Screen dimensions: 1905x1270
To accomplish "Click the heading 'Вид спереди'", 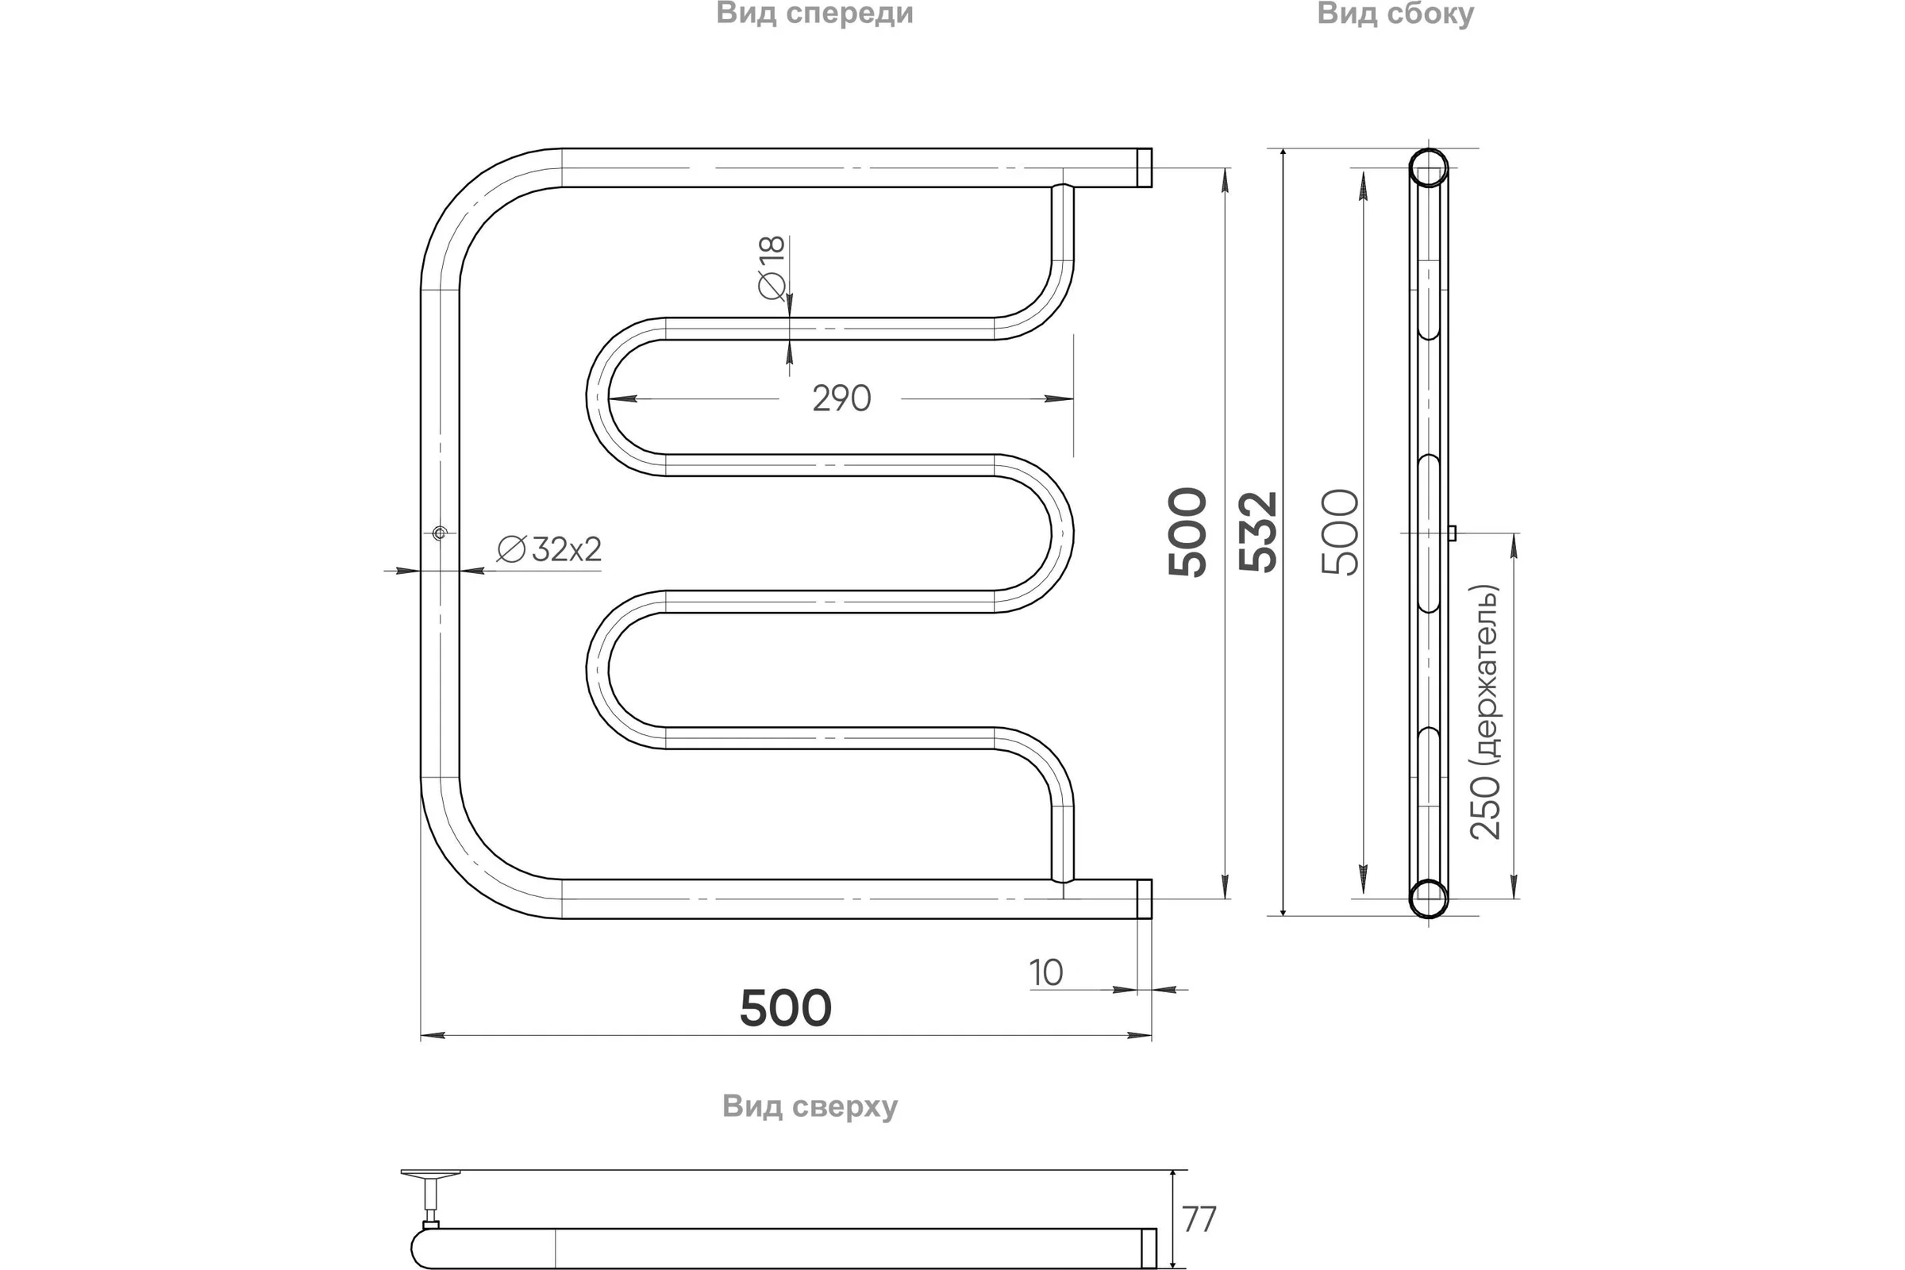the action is pyautogui.click(x=814, y=14).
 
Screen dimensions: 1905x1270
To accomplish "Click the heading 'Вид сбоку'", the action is pyautogui.click(x=1395, y=14).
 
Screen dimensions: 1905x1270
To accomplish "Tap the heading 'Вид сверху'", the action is pyautogui.click(x=810, y=1106).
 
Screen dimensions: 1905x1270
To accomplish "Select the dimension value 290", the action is pyautogui.click(x=841, y=398).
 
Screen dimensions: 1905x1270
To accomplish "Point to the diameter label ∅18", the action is pyautogui.click(x=772, y=267).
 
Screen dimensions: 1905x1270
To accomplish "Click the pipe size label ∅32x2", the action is pyautogui.click(x=549, y=549).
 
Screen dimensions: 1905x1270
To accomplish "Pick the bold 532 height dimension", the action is pyautogui.click(x=1258, y=532).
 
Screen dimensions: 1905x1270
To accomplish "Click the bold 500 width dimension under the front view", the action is pyautogui.click(x=786, y=1007).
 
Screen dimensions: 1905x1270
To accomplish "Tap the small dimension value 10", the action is pyautogui.click(x=1045, y=973).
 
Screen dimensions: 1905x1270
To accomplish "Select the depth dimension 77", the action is pyautogui.click(x=1199, y=1219).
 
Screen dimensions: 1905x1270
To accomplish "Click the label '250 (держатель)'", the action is pyautogui.click(x=1484, y=713).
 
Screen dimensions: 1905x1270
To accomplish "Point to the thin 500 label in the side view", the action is pyautogui.click(x=1341, y=532).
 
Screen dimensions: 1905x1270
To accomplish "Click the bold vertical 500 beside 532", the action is pyautogui.click(x=1187, y=532).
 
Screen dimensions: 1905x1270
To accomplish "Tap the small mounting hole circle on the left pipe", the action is pyautogui.click(x=440, y=533).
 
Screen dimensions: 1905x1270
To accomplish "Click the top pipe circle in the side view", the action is pyautogui.click(x=1428, y=167).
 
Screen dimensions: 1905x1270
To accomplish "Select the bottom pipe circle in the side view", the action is pyautogui.click(x=1428, y=899).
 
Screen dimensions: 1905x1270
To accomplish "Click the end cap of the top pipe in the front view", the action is pyautogui.click(x=1144, y=167).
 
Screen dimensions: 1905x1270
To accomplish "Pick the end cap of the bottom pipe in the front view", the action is pyautogui.click(x=1144, y=899).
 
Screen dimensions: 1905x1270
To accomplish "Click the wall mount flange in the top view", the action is pyautogui.click(x=431, y=1173).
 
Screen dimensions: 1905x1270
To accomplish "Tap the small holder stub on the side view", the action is pyautogui.click(x=1453, y=533).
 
